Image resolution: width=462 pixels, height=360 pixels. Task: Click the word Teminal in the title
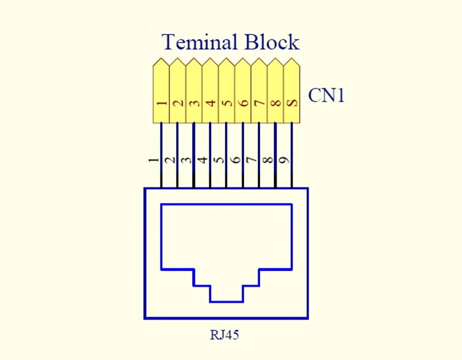tap(200, 42)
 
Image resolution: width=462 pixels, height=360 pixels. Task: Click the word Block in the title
tap(272, 42)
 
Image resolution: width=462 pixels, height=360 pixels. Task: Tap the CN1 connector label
tap(326, 96)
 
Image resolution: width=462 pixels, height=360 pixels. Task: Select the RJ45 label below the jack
tap(225, 335)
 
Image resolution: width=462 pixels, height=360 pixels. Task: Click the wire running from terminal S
tap(292, 139)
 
